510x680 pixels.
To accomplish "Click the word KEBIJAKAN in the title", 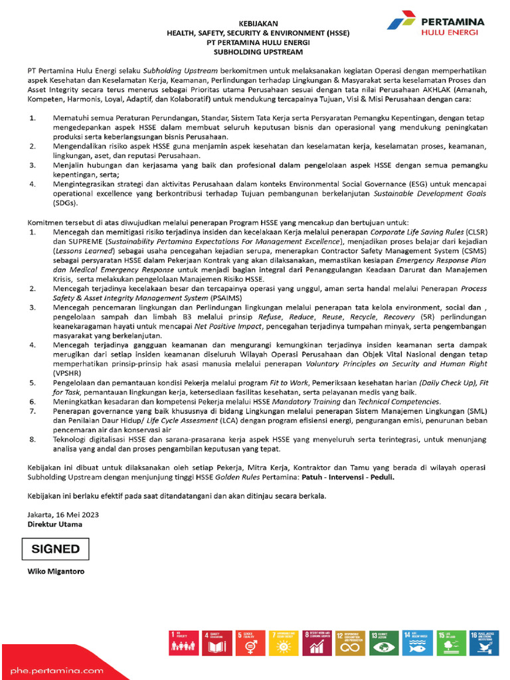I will (x=254, y=23).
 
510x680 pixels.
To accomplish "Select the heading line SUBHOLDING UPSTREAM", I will (x=254, y=50).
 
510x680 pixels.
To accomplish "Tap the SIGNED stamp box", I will (x=56, y=549).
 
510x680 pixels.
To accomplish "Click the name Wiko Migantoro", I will (x=56, y=571).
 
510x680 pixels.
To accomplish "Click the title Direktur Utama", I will (x=55, y=524).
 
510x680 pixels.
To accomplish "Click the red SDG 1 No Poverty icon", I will (x=183, y=643).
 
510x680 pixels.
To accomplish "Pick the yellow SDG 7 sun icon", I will (x=282, y=643).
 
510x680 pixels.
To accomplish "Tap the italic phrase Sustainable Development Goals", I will (x=431, y=193).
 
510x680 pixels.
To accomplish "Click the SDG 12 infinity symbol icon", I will (x=349, y=643).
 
